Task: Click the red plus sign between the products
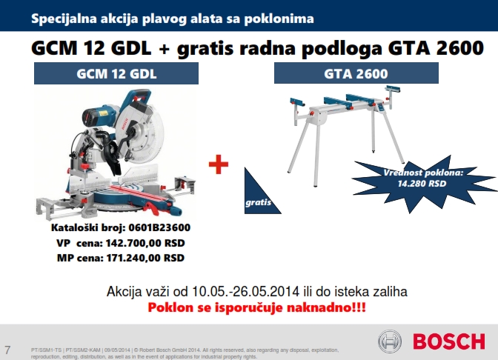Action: pyautogui.click(x=219, y=164)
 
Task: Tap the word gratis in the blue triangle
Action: pyautogui.click(x=258, y=202)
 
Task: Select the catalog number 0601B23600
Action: pyautogui.click(x=159, y=227)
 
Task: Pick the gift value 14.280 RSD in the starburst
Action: pyautogui.click(x=422, y=184)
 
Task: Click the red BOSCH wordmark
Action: pyautogui.click(x=449, y=341)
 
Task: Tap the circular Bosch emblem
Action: pyautogui.click(x=390, y=341)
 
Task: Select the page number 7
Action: pyautogui.click(x=7, y=350)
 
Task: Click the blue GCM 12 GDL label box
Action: pyautogui.click(x=116, y=73)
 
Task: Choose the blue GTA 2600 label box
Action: pyautogui.click(x=356, y=73)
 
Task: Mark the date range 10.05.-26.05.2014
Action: pyautogui.click(x=245, y=291)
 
